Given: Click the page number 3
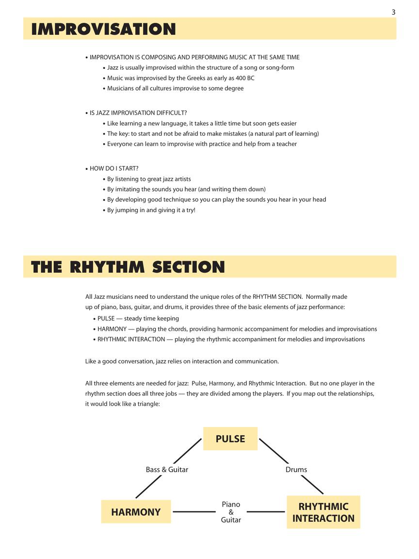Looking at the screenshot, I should click(393, 12).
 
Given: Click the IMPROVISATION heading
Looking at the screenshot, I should click(103, 29).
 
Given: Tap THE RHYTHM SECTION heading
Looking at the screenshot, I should click(128, 267).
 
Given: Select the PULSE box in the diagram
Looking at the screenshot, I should click(230, 439).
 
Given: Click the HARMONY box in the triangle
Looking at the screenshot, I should click(136, 512).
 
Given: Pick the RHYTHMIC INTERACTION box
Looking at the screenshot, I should click(323, 512).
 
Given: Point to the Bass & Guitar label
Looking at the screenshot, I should click(167, 470).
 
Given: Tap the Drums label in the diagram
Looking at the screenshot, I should click(296, 470).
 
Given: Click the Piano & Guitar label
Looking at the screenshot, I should click(231, 512).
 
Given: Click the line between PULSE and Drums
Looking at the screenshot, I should click(274, 451).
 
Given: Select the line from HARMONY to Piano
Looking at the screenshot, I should click(194, 512).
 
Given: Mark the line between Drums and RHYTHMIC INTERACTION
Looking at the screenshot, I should click(312, 484).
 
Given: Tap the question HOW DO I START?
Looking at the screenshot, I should click(114, 168).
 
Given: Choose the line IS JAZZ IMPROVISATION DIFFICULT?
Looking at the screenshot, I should click(138, 113).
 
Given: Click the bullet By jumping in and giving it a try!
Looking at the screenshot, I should click(151, 210).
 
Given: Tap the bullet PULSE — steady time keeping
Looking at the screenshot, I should click(138, 319).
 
